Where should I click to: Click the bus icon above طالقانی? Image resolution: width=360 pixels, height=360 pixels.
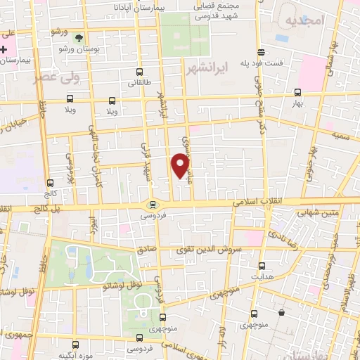[x=139, y=72]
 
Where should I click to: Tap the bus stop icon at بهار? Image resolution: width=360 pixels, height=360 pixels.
[x=298, y=92]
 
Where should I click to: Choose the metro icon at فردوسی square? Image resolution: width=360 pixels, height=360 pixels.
[x=153, y=205]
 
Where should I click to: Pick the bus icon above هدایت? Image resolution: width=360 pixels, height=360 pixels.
[x=262, y=266]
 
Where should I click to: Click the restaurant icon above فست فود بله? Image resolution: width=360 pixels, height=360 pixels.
[x=262, y=51]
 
